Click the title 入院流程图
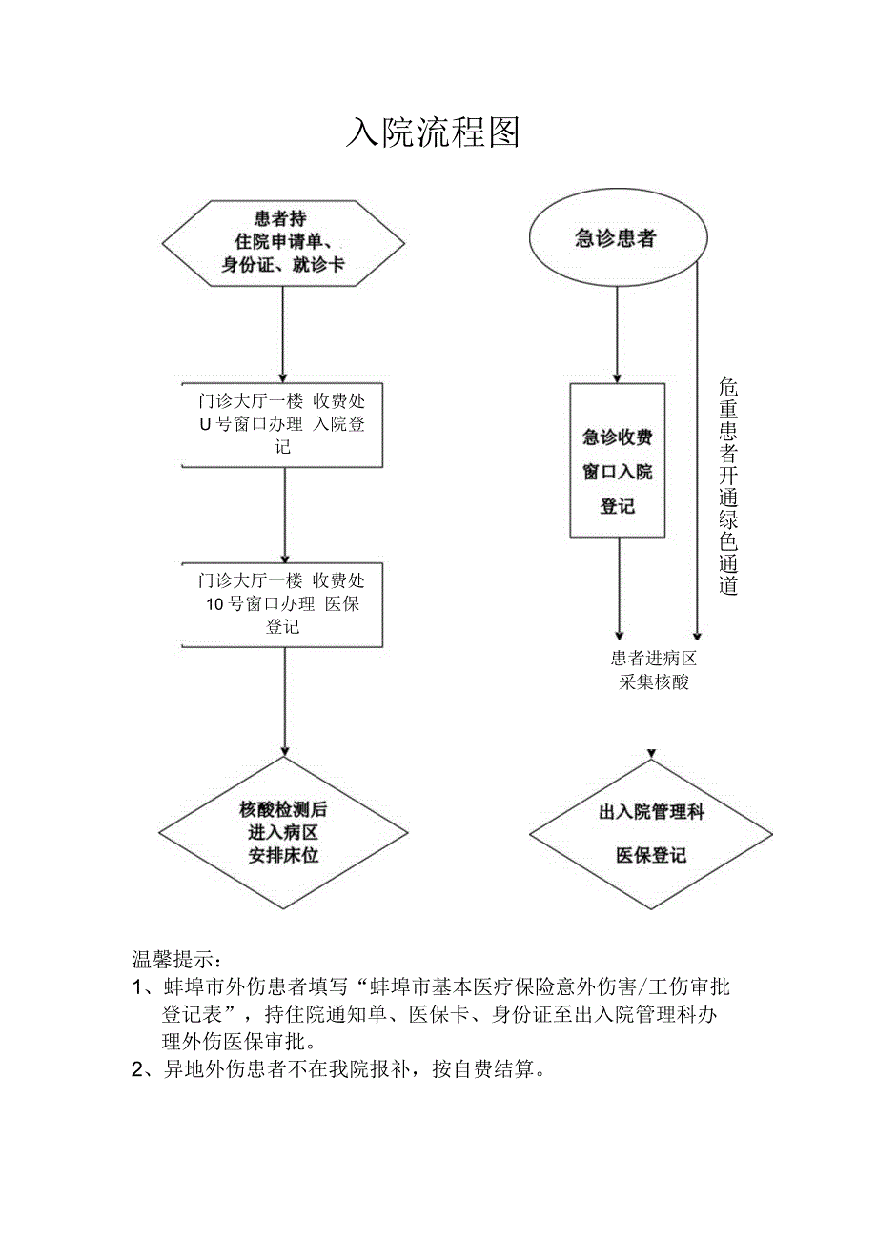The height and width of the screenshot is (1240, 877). (x=433, y=132)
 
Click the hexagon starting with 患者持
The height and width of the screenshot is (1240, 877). (x=283, y=243)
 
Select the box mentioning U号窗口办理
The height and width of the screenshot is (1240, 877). (x=283, y=424)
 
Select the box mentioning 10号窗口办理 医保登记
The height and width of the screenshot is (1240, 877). (x=283, y=603)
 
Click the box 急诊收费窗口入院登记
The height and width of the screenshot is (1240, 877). (x=617, y=460)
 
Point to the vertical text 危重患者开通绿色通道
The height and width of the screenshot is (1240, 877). (x=728, y=486)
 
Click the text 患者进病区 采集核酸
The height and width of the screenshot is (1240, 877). (x=654, y=670)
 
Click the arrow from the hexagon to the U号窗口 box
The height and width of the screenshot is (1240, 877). (x=283, y=334)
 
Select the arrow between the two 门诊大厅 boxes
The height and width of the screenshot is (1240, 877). (x=284, y=515)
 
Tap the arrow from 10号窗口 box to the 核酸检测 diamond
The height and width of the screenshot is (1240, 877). (x=284, y=701)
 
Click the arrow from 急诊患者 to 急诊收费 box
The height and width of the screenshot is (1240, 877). (x=617, y=334)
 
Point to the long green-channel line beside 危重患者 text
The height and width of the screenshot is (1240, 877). (x=698, y=448)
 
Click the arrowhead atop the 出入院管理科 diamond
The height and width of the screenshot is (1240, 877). (x=651, y=754)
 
